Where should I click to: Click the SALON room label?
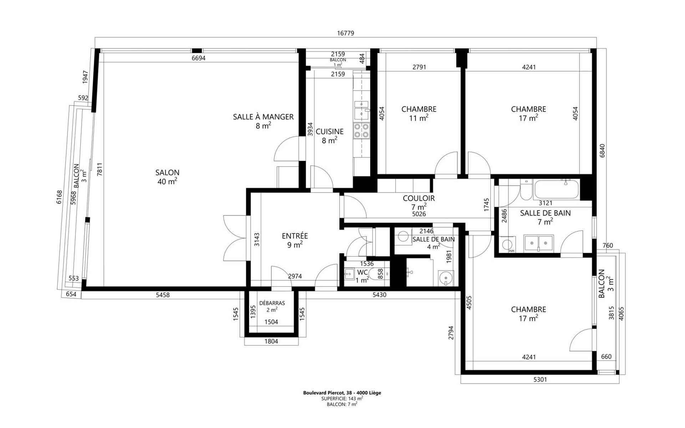(167, 173)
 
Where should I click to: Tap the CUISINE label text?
(330, 132)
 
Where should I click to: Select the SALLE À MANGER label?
(263, 117)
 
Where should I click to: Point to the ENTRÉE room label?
(295, 236)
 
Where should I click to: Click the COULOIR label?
(419, 198)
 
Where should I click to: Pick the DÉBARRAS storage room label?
(272, 303)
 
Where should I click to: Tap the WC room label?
(362, 272)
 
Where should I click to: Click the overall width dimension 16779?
(345, 33)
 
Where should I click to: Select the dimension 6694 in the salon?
(198, 58)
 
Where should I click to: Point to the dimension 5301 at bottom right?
(540, 379)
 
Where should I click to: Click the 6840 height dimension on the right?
(602, 151)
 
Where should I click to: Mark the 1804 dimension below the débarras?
(271, 341)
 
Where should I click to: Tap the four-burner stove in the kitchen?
(361, 131)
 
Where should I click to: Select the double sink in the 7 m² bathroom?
(539, 243)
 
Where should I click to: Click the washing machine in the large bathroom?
(507, 245)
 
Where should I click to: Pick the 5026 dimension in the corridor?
(419, 214)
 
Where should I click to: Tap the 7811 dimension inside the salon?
(100, 169)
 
